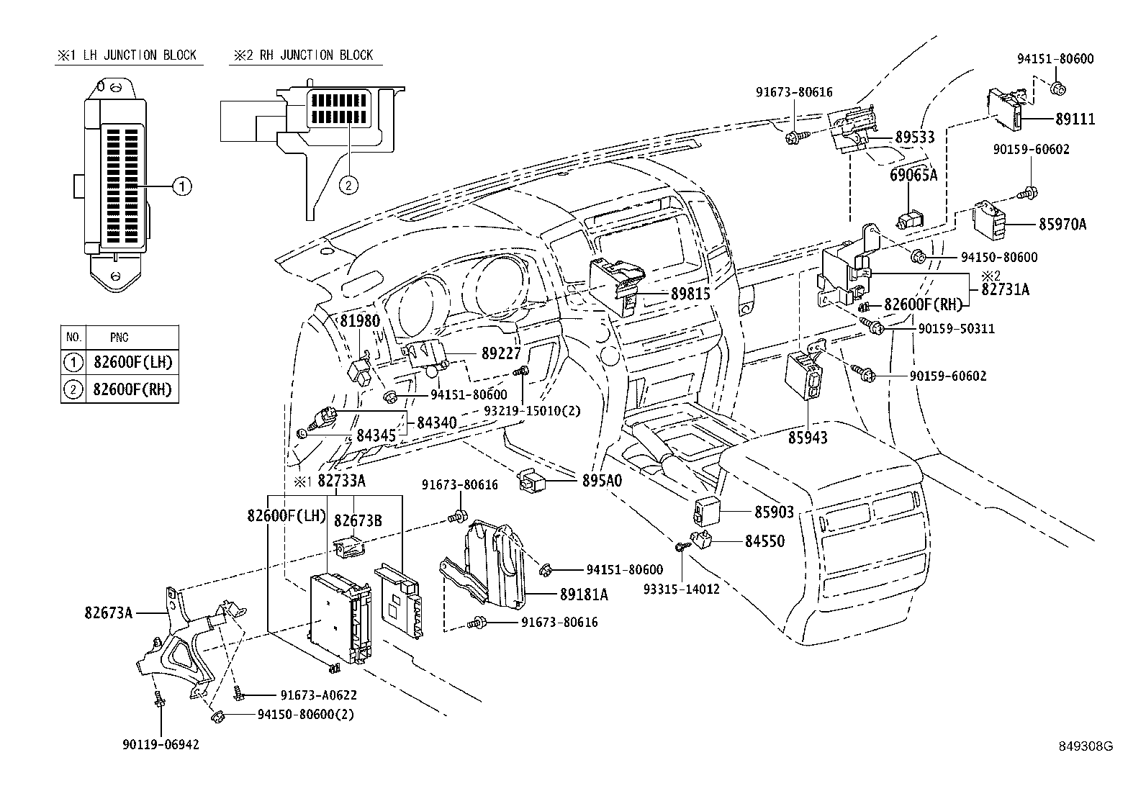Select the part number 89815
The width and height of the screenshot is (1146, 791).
coord(690,294)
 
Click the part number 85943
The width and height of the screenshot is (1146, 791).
coord(808,438)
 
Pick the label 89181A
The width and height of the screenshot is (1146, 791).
coord(584,595)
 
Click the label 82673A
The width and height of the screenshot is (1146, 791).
coord(109,613)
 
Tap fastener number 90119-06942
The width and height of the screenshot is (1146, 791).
coord(161,745)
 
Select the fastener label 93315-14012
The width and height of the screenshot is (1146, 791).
coord(682,589)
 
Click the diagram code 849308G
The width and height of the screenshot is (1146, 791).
coord(1086,746)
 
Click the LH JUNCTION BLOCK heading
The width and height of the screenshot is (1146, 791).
coord(129,55)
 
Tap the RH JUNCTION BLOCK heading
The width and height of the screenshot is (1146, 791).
coord(303,55)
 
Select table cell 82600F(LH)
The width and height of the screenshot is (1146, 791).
coord(132,362)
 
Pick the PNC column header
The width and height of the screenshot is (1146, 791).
coord(119,337)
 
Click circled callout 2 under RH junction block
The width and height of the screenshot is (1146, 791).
coord(347,186)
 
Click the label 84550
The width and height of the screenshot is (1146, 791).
coord(764,541)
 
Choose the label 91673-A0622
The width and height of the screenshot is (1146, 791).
coord(319,695)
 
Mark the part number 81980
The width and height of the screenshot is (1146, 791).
coord(360,321)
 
